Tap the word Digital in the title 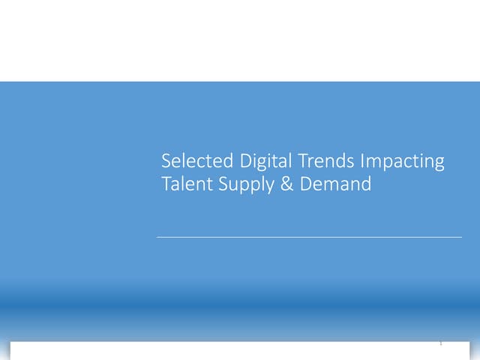265,161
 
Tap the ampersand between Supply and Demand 288,184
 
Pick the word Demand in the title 335,184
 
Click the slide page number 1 441,343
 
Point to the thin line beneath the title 309,237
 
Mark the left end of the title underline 157,237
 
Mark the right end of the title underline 461,237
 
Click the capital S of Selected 166,161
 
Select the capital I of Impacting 363,161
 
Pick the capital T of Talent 166,184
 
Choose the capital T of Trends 302,161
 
